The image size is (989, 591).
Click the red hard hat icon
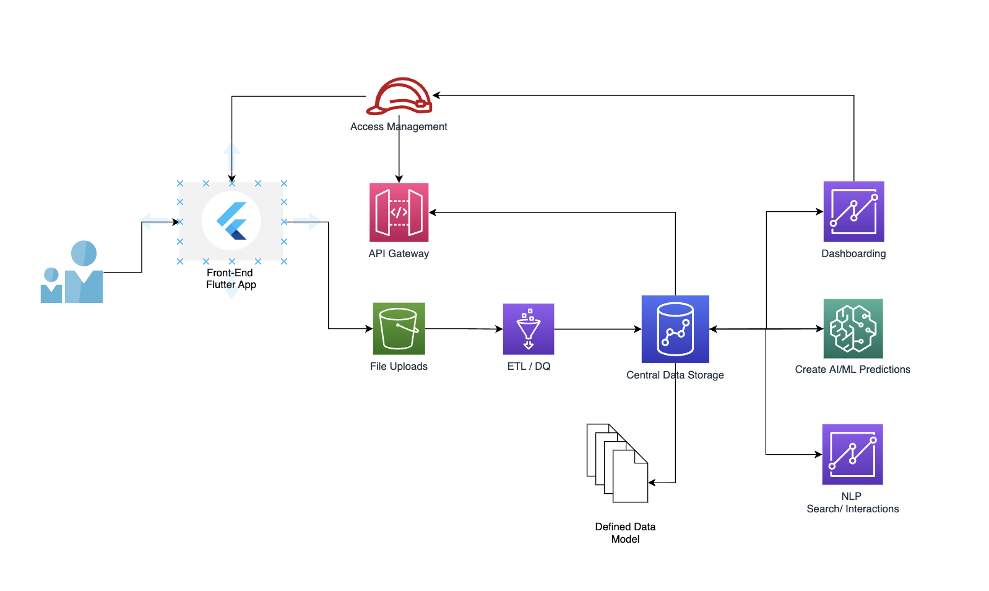tap(399, 97)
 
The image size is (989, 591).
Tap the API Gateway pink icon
tap(399, 212)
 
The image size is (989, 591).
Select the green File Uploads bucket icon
tap(399, 328)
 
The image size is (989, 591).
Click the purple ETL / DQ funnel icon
tap(528, 329)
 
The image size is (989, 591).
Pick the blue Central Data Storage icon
tap(675, 329)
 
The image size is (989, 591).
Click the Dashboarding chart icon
tap(853, 211)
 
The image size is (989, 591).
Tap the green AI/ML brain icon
tap(853, 328)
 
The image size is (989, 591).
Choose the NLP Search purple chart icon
tap(852, 454)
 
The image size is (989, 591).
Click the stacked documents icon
tap(617, 463)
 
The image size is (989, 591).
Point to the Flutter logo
tap(231, 221)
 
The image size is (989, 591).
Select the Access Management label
tap(399, 126)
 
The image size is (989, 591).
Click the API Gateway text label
tap(399, 253)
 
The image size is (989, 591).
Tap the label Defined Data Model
tap(625, 533)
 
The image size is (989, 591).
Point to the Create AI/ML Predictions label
tap(852, 369)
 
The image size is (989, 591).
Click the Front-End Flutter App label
tap(230, 279)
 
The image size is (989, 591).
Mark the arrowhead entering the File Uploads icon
tap(369, 328)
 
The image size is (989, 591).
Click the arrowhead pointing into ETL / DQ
tap(499, 329)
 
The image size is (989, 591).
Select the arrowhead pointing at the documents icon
tap(652, 483)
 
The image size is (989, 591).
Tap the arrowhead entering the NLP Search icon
tap(818, 454)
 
